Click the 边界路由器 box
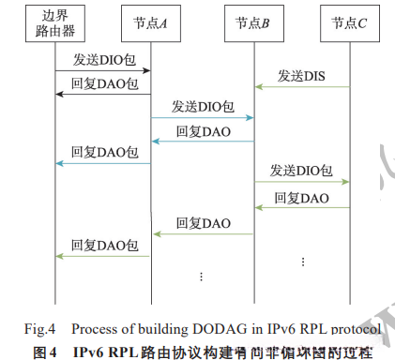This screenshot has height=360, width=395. pyautogui.click(x=56, y=25)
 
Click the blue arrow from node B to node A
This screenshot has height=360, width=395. pyautogui.click(x=203, y=142)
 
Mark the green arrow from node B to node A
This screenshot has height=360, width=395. pyautogui.click(x=203, y=233)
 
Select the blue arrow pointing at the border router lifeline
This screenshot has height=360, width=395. pyautogui.click(x=103, y=163)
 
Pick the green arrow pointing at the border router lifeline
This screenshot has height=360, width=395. pyautogui.click(x=103, y=256)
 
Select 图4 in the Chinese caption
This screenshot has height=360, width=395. pyautogui.click(x=46, y=350)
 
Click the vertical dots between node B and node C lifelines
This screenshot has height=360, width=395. pyautogui.click(x=302, y=259)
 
